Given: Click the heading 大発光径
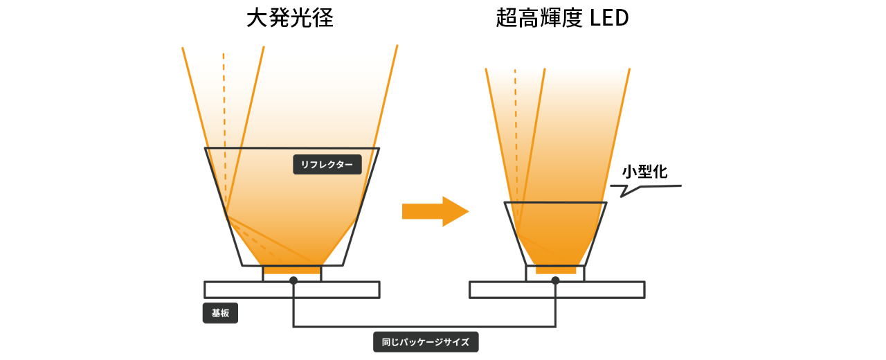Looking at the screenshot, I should tap(290, 19).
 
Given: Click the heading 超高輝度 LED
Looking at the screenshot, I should tap(562, 19).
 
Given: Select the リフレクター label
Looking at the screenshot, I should tap(327, 165).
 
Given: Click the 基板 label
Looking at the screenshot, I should tap(220, 313).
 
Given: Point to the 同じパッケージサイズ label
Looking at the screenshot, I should tap(426, 342).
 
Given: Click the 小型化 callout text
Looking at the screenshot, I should tap(644, 172).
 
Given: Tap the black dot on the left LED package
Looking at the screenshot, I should tap(293, 280).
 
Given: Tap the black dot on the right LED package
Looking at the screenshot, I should tap(555, 280).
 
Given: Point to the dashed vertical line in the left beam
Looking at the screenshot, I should tap(224, 104).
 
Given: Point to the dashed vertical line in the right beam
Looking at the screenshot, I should tap(515, 111).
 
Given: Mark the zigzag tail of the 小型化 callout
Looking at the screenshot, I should tap(626, 190).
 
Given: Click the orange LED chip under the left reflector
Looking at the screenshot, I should tap(292, 270).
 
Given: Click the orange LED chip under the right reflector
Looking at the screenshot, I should tap(555, 269).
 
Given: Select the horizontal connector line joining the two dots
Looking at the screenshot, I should tap(424, 326).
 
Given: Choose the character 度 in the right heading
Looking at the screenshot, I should tap(571, 19).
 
